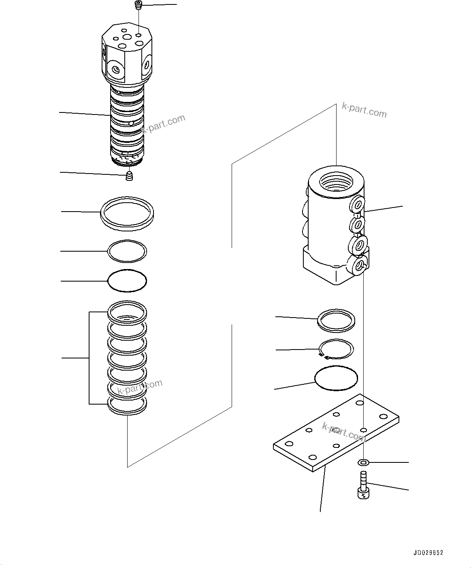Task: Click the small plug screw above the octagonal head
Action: pos(139,5)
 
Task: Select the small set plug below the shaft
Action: pos(129,176)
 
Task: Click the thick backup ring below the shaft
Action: pos(128,214)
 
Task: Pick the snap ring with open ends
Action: pos(336,349)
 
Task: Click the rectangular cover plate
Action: pos(336,433)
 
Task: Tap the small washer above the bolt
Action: pos(363,462)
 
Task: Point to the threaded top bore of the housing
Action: pos(336,182)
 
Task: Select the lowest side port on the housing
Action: pos(359,265)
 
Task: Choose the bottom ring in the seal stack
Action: pos(127,405)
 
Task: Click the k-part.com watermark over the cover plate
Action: pos(344,432)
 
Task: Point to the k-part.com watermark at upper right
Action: pos(364,110)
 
